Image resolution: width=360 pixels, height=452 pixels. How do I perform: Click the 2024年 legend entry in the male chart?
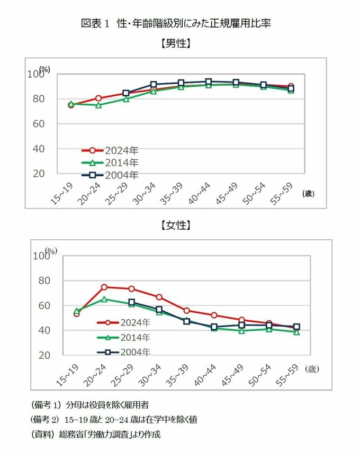[x=122, y=150]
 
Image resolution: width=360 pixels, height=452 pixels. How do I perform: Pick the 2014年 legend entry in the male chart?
[x=122, y=162]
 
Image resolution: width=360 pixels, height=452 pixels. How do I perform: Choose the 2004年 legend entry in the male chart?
[x=122, y=175]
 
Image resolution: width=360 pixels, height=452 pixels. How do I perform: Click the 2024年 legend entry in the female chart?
[x=135, y=322]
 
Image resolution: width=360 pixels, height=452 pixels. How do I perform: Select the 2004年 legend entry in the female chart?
[x=135, y=351]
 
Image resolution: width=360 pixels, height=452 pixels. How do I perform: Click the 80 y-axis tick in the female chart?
[x=48, y=281]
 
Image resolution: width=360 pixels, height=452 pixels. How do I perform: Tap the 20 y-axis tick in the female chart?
[x=48, y=355]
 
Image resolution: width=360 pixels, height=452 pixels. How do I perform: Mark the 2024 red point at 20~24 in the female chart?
[x=104, y=287]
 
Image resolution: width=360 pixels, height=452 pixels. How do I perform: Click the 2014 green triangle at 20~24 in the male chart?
[x=98, y=105]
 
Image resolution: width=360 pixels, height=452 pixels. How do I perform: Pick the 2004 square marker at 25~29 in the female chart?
[x=132, y=302]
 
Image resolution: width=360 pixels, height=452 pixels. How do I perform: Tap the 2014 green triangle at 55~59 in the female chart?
[x=296, y=332]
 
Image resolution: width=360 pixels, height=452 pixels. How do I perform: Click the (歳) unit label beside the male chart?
[x=309, y=194]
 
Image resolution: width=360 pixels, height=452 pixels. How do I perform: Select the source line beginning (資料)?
[x=95, y=435]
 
